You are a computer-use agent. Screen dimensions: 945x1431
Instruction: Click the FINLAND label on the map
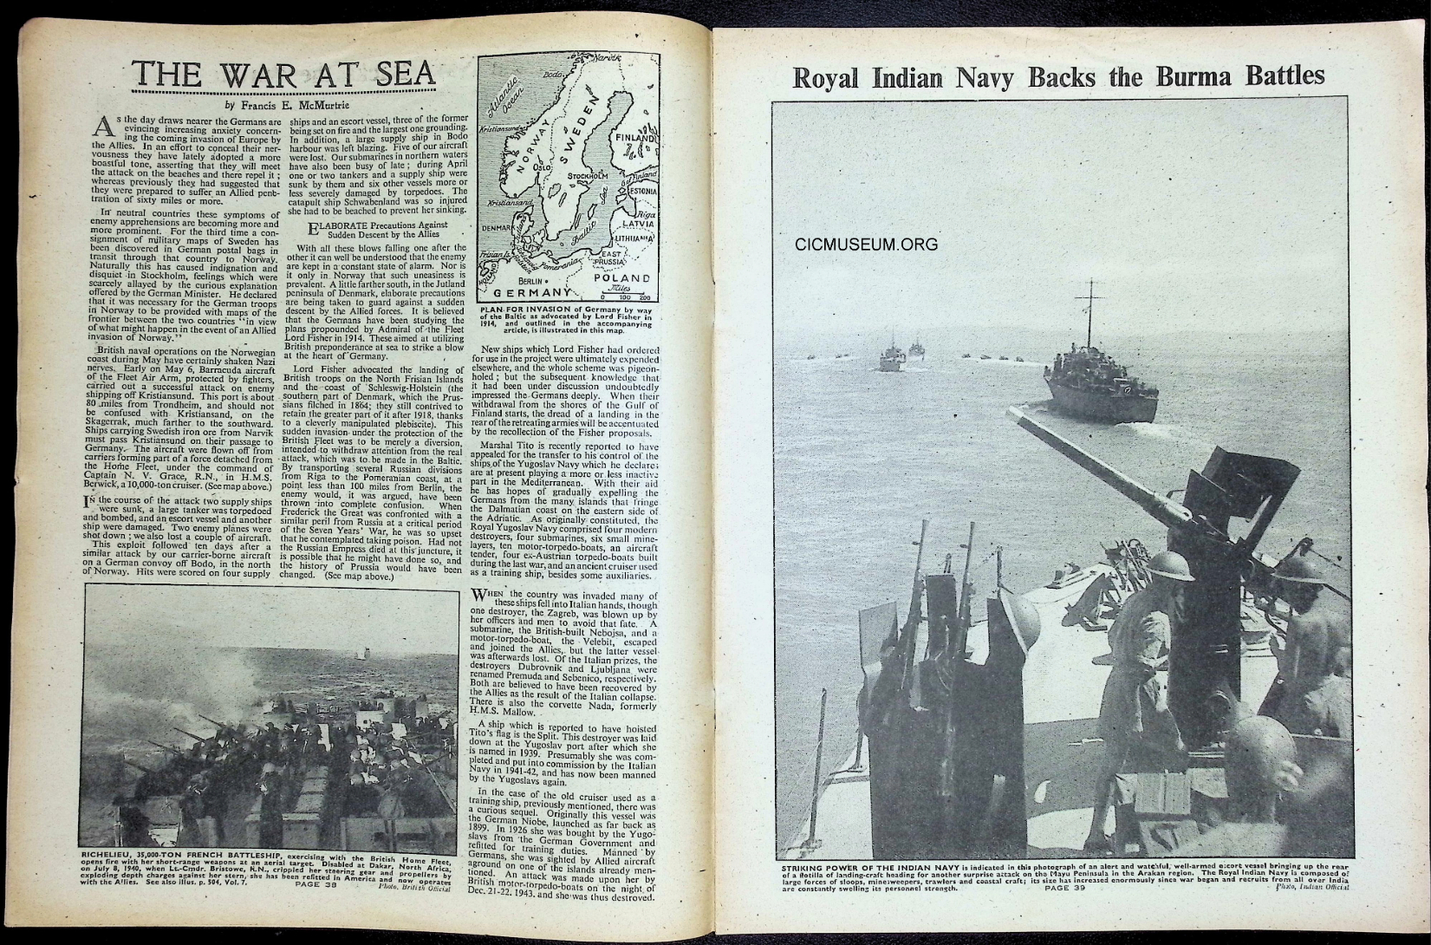point(635,138)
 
